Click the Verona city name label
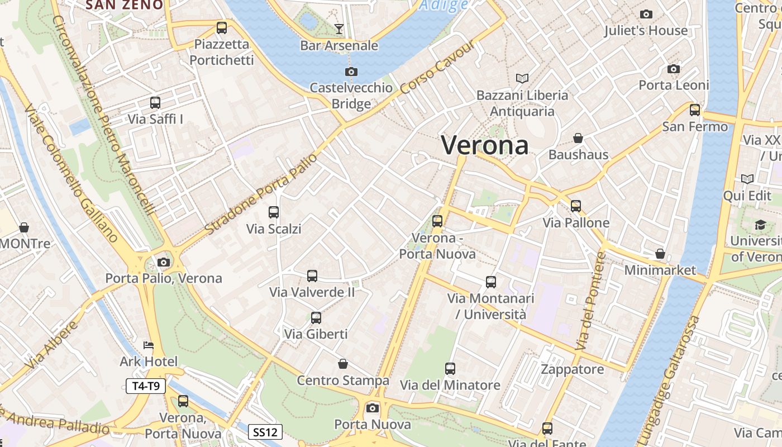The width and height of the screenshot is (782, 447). point(485,145)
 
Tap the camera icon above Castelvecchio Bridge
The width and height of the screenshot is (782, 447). point(351,72)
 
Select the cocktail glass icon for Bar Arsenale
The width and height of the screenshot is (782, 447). point(339,29)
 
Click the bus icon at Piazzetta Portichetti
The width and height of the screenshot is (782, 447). point(222,27)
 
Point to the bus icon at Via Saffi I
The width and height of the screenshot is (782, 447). point(155,103)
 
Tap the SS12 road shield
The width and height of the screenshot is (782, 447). point(265,432)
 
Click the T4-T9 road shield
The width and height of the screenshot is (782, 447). point(146,386)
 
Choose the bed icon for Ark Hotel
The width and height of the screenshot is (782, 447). point(149,345)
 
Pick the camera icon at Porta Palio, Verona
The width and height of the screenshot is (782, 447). point(164,262)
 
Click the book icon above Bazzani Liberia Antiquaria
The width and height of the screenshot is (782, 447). point(522,79)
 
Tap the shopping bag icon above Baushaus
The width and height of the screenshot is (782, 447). point(578,138)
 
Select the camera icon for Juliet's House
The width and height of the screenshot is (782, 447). point(646,15)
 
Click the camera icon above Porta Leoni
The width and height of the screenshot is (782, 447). point(674,69)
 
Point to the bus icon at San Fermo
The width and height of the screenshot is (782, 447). point(695,110)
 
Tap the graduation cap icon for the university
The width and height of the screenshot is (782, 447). point(760,225)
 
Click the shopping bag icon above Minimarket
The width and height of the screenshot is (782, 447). point(660,254)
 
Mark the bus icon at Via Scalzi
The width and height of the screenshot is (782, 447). point(274,212)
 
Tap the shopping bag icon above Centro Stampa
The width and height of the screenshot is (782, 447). point(343,364)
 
